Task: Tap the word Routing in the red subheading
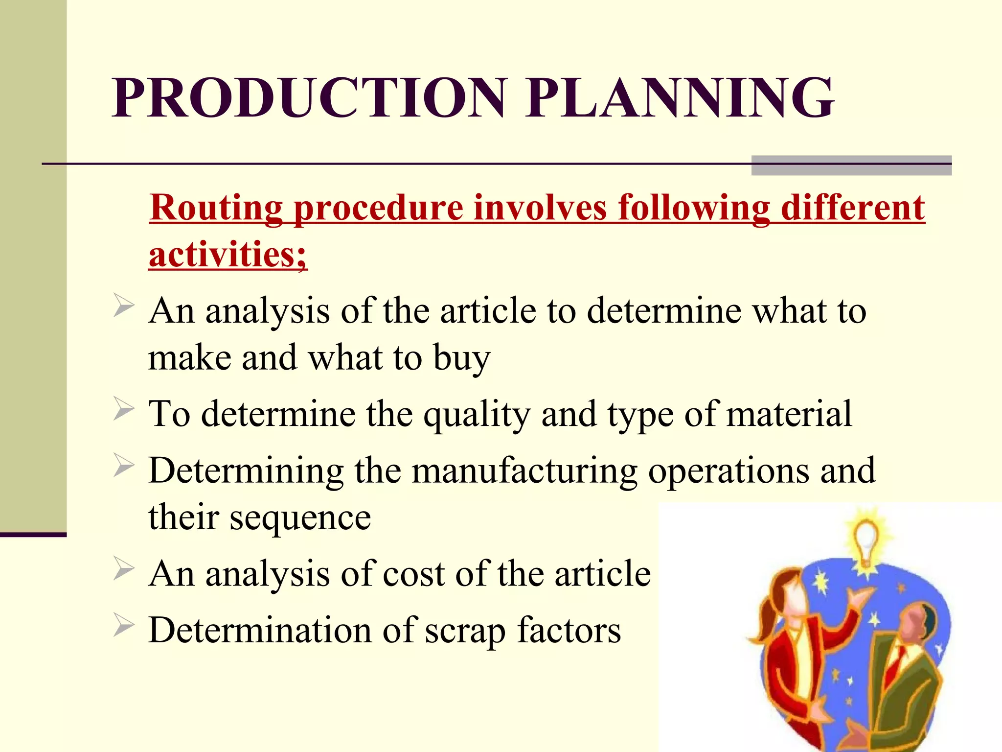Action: coord(216,208)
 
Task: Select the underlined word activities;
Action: coord(228,255)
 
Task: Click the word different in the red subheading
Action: coord(852,208)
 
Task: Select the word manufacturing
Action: coord(524,471)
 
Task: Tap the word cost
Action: coord(413,574)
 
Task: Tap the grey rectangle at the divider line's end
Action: coord(851,165)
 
